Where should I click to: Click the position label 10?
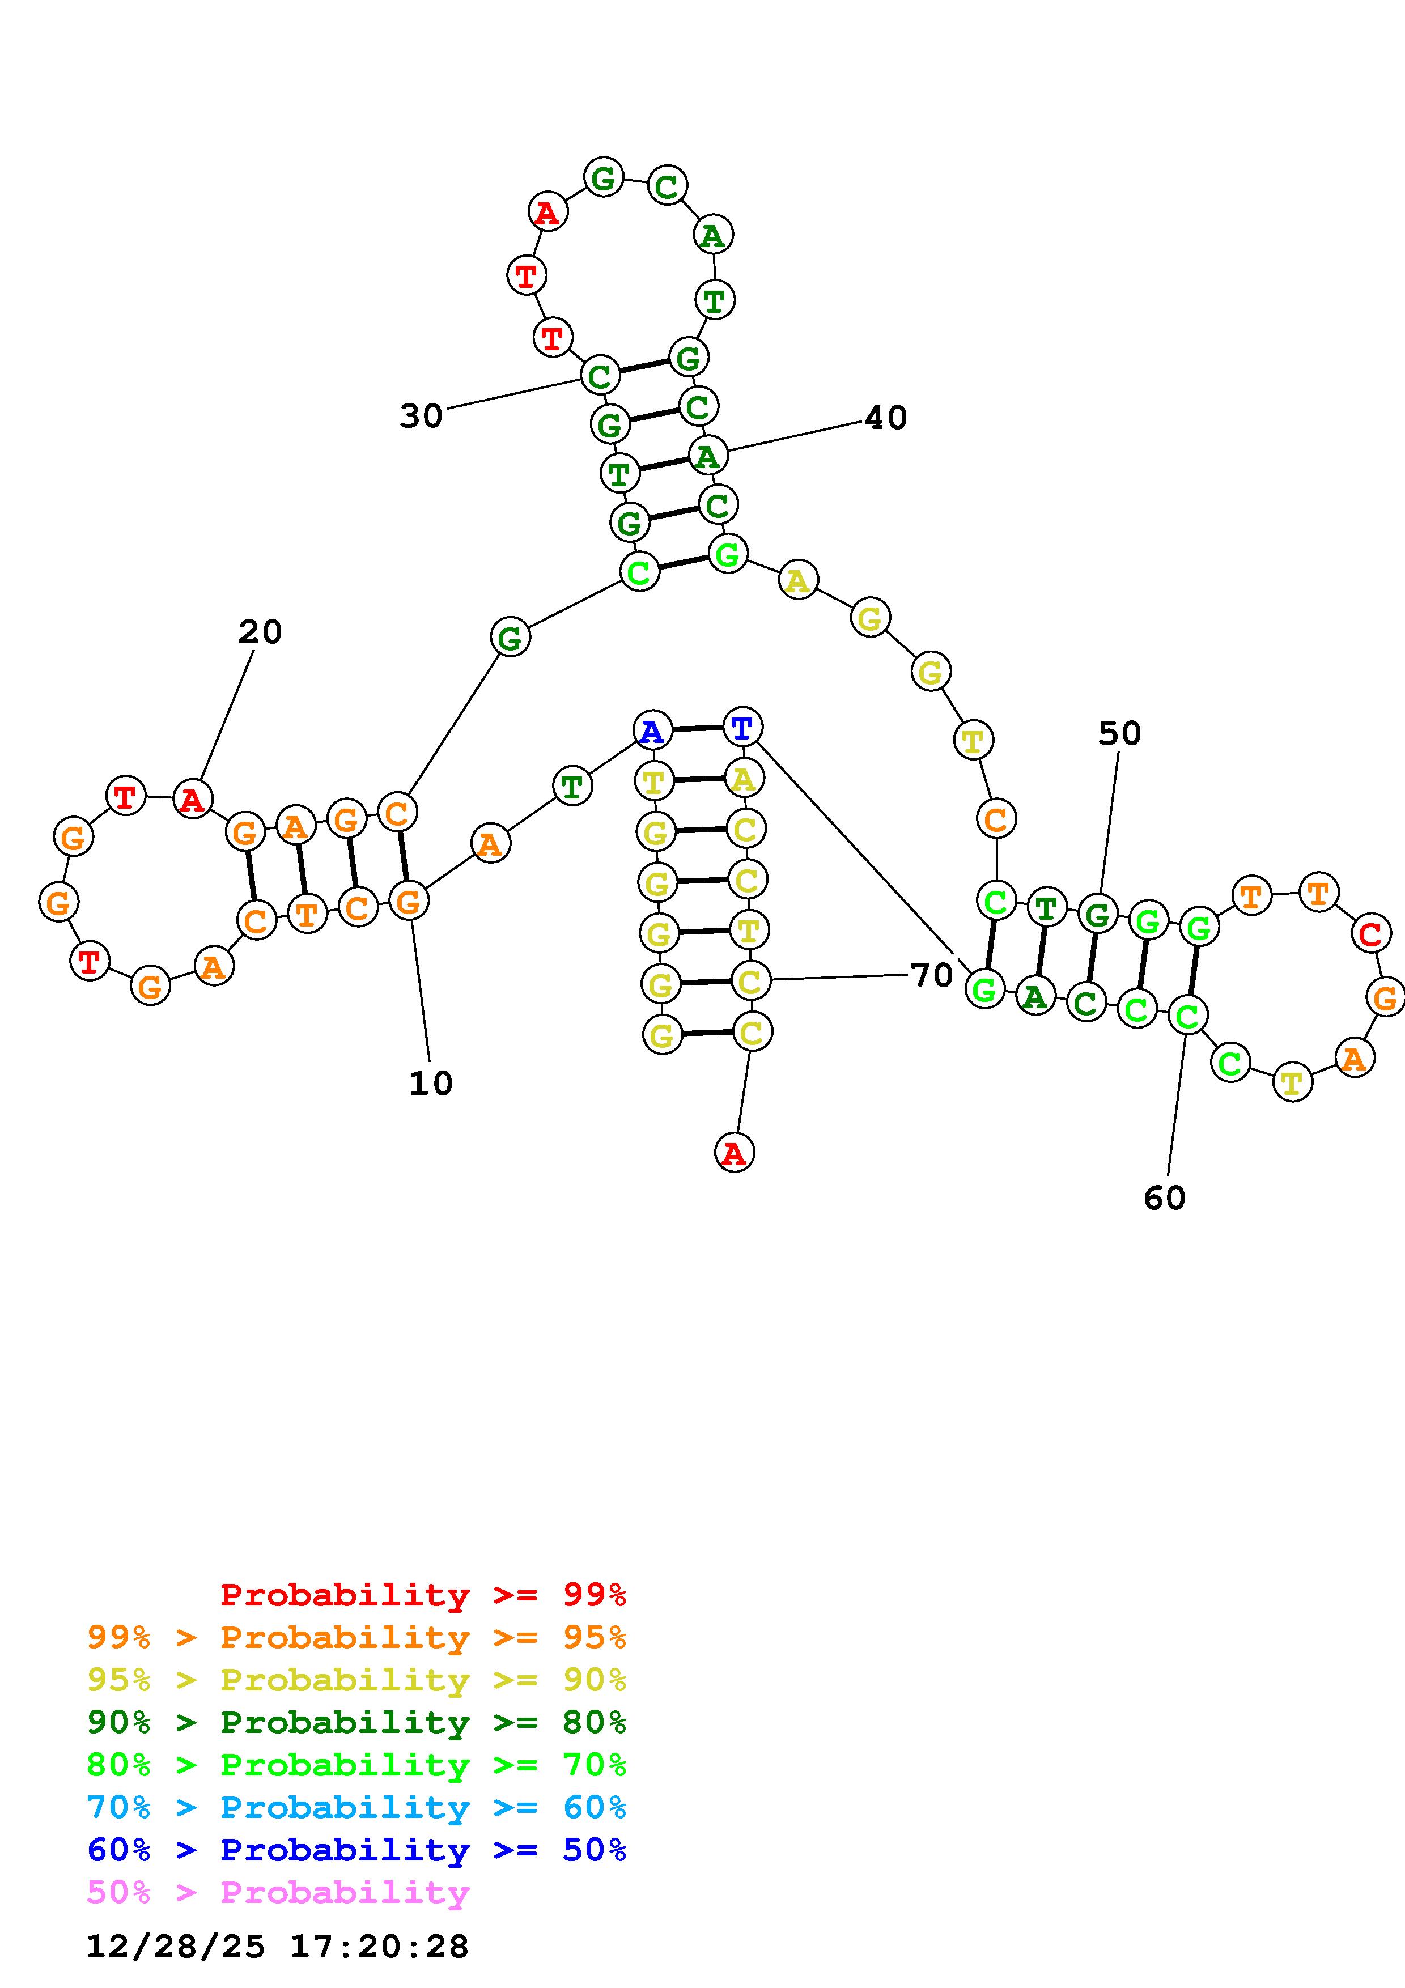click(430, 1083)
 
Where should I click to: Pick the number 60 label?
click(1164, 1199)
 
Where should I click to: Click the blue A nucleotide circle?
click(653, 731)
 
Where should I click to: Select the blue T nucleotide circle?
click(742, 727)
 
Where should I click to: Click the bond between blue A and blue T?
click(697, 729)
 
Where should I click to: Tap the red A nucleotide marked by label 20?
click(192, 798)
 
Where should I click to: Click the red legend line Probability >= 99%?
click(423, 1595)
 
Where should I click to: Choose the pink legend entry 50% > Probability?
click(278, 1893)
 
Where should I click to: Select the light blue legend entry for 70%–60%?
click(356, 1808)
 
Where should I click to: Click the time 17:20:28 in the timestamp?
click(379, 1947)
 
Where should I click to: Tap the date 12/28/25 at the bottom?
click(176, 1947)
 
